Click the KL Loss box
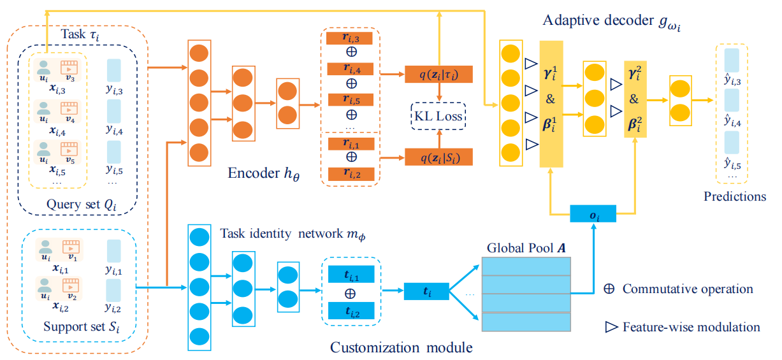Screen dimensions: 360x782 tap(438, 117)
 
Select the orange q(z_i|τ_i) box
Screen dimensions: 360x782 tap(438, 75)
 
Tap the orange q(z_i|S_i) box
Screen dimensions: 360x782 tap(438, 157)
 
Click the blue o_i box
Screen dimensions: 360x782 tap(593, 214)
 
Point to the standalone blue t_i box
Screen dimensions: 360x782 tap(427, 292)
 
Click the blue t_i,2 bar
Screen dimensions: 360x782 tap(351, 312)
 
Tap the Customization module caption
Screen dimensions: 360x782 tap(402, 348)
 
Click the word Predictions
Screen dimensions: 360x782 tap(735, 196)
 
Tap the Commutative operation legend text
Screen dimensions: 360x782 tap(688, 289)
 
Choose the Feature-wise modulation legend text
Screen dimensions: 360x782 tap(691, 327)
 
